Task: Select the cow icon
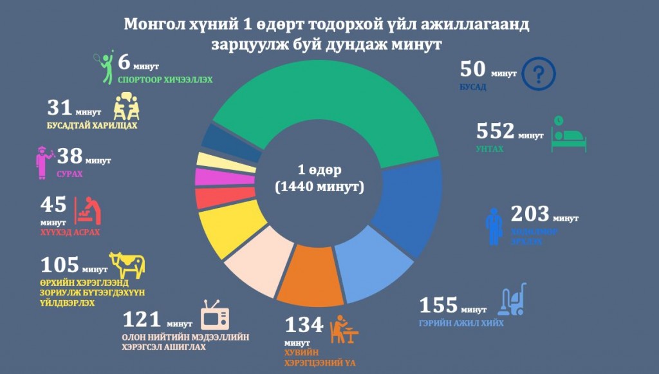click(127, 264)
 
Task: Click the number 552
click(495, 131)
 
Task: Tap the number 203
click(529, 214)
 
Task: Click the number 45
click(53, 205)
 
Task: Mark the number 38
click(71, 156)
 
